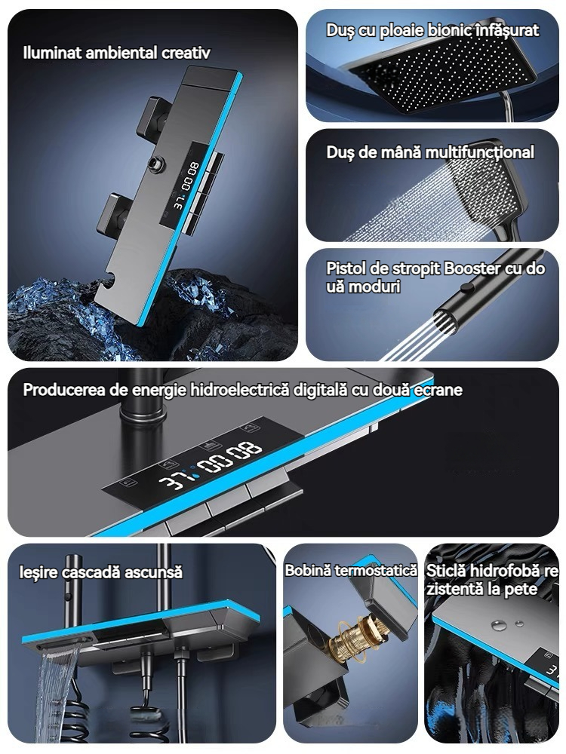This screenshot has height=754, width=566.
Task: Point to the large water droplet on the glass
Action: (x=499, y=626)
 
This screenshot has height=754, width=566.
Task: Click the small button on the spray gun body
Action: (x=466, y=287)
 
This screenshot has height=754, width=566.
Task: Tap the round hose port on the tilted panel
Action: (x=156, y=164)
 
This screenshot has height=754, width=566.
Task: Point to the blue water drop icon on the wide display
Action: (x=194, y=476)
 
